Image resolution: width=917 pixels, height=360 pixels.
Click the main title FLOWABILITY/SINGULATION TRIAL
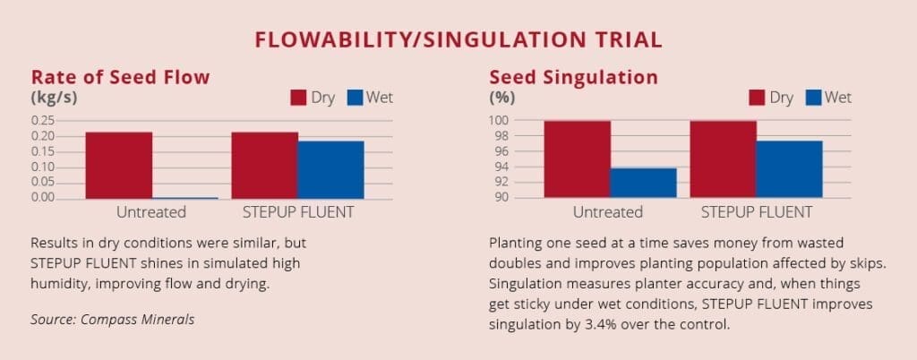(458, 39)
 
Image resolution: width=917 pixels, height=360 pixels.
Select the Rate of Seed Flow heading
(120, 77)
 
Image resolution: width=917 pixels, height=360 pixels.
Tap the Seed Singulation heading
(573, 77)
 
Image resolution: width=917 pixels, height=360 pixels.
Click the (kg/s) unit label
(54, 98)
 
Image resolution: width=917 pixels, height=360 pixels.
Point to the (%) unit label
(501, 98)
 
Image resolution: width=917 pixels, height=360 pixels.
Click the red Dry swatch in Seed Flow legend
(298, 98)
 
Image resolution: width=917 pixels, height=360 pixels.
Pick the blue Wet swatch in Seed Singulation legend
(813, 98)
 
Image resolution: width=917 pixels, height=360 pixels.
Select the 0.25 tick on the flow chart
(42, 120)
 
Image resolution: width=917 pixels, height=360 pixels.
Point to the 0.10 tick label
(42, 167)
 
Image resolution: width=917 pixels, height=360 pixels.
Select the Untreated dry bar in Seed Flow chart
(119, 166)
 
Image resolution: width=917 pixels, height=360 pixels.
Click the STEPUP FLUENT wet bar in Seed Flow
(331, 170)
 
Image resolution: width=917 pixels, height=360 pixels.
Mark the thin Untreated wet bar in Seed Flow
(184, 198)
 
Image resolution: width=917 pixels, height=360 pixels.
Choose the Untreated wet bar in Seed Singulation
(643, 183)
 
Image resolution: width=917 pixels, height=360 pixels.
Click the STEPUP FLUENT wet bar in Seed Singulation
(790, 169)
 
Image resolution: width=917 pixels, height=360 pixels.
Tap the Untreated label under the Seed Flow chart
(150, 212)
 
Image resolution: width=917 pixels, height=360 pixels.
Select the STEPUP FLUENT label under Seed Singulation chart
(757, 212)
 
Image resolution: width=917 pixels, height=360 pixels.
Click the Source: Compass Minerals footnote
(112, 320)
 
